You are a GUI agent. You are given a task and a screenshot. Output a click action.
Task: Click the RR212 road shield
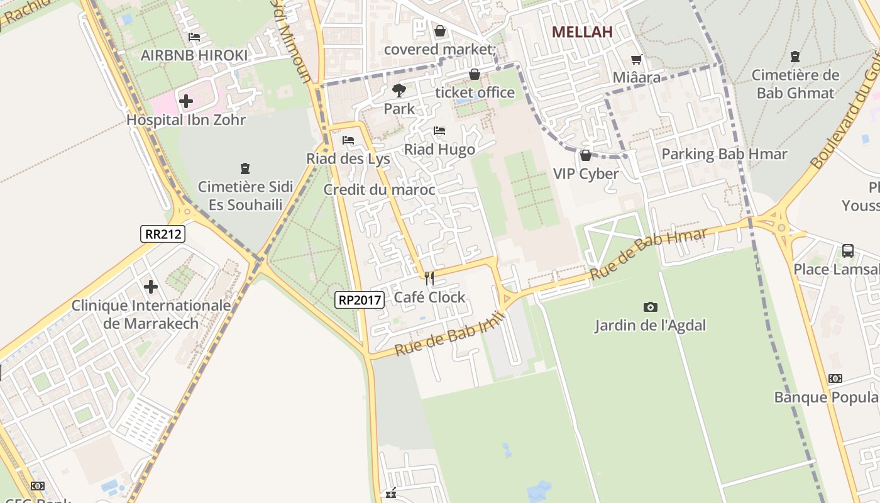coord(163,235)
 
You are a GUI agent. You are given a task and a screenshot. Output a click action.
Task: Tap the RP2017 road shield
coord(360,300)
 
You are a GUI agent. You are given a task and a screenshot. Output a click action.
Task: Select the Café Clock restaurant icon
coord(429,278)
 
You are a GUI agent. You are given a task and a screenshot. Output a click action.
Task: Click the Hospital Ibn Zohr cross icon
coord(185,101)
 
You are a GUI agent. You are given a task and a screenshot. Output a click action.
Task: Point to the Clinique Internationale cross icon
coord(151,287)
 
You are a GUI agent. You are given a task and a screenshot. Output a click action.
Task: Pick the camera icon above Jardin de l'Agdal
coord(651,307)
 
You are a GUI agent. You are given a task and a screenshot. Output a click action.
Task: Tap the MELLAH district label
coord(582,32)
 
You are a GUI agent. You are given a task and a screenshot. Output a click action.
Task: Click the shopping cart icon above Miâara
coord(637,60)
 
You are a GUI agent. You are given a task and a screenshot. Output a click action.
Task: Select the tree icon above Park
coord(399,90)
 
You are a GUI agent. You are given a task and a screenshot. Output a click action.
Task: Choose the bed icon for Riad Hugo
coord(439,131)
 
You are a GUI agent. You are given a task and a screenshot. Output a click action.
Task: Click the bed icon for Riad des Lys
coord(348,140)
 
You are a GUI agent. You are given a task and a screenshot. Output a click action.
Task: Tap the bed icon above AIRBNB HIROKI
coord(194,37)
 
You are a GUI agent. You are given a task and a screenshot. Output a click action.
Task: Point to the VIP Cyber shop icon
coord(586,155)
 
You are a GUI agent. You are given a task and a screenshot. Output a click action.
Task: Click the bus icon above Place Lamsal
coord(848,251)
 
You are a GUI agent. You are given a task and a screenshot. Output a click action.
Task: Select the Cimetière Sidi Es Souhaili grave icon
coord(245,169)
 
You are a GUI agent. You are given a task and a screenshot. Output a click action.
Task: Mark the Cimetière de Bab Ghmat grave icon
coord(795,57)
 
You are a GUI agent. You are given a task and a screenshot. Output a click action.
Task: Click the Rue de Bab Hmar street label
coord(649,254)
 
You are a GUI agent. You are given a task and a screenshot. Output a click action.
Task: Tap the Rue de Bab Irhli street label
coord(450,334)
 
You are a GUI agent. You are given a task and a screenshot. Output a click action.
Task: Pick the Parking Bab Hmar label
coord(724,154)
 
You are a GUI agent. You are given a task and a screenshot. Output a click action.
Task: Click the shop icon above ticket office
coord(475,75)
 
